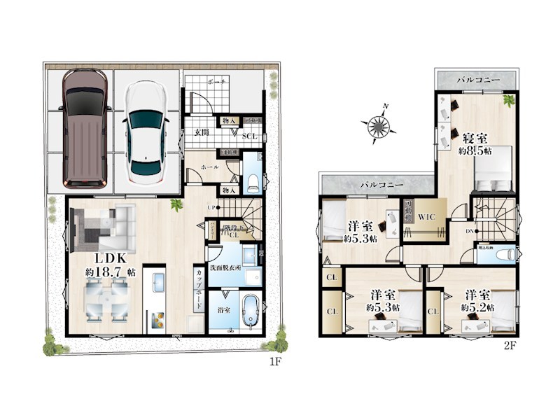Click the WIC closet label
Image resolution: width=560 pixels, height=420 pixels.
(426, 217)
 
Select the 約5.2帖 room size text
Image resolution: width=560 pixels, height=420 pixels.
(476, 307)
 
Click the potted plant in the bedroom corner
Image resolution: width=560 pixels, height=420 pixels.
(508, 100)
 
